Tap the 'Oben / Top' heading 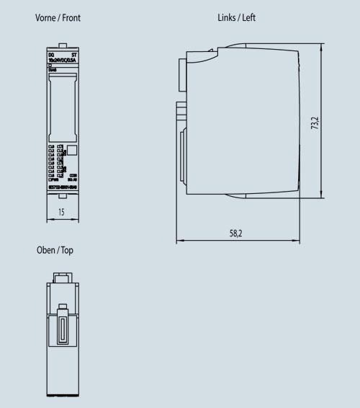coord(54,250)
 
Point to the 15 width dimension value coord(62,213)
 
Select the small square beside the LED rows coord(72,151)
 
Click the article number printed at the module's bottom coord(62,187)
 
